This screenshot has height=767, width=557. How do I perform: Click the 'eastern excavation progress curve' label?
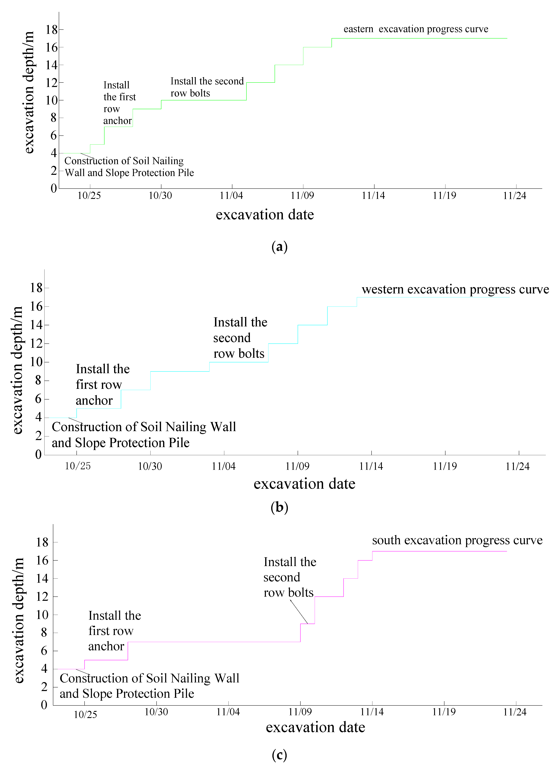point(416,29)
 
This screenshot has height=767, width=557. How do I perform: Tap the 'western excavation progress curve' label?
point(455,289)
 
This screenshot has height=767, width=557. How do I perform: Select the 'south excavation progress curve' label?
point(457,540)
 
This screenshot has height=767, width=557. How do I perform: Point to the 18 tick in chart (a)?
point(52,30)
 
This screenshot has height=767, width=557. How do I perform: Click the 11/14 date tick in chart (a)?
point(373,195)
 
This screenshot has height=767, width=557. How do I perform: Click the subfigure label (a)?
point(279,246)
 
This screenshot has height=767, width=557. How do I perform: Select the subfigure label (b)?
point(279,507)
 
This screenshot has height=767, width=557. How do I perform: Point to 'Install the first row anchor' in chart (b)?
point(102,385)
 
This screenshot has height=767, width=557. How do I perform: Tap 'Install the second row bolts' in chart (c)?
point(289,577)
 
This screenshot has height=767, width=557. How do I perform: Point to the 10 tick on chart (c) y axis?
point(42,615)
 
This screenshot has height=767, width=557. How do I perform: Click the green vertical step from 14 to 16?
point(303,56)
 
